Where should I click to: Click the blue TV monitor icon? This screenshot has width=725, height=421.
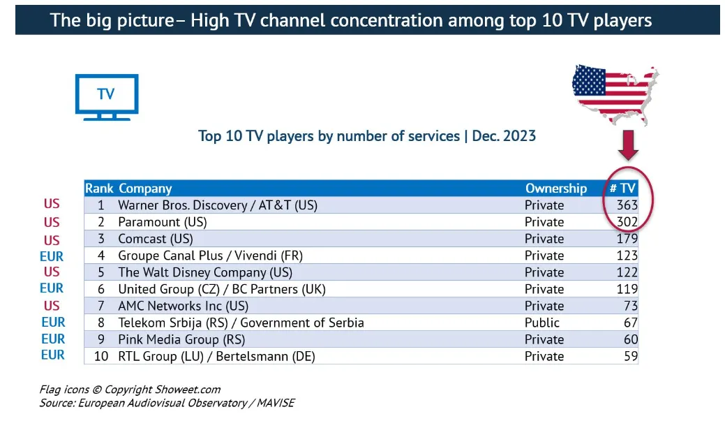(x=106, y=96)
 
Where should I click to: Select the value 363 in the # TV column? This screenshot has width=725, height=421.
(x=627, y=205)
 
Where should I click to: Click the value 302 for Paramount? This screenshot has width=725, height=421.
(x=627, y=222)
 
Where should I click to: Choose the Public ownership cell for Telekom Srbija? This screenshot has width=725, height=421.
(x=542, y=323)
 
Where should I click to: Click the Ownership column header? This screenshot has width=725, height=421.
(x=555, y=189)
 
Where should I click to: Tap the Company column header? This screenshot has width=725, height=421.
(x=145, y=189)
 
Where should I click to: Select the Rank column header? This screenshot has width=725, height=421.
(x=99, y=189)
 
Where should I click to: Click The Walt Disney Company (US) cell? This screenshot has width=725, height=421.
(x=205, y=272)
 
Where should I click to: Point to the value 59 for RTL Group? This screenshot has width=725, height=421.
(x=630, y=356)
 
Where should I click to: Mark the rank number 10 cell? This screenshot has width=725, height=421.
(x=100, y=356)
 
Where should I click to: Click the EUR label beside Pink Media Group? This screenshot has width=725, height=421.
(x=53, y=339)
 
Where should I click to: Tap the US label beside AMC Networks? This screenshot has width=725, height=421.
(x=52, y=305)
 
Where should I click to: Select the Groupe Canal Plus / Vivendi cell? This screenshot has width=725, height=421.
(x=210, y=256)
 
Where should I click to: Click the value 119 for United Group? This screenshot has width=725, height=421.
(x=627, y=289)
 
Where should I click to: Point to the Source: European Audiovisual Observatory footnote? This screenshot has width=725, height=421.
(x=167, y=404)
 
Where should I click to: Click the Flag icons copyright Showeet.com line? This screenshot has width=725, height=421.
(x=130, y=390)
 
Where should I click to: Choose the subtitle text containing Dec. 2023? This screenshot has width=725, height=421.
(x=367, y=136)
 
